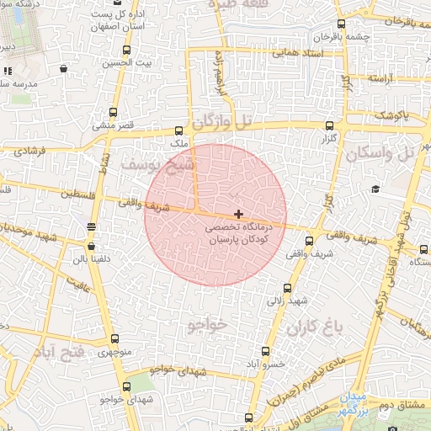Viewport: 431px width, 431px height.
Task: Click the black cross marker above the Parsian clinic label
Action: click(x=239, y=215)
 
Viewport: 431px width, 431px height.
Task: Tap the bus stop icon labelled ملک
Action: click(x=178, y=130)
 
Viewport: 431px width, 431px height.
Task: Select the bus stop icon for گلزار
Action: click(x=329, y=125)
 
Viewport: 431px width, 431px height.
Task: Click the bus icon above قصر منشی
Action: click(x=114, y=112)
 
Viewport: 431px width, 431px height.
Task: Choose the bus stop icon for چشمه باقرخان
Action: click(x=340, y=24)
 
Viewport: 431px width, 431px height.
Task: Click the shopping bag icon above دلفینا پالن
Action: click(x=91, y=247)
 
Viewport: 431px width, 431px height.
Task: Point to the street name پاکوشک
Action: click(x=393, y=114)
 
